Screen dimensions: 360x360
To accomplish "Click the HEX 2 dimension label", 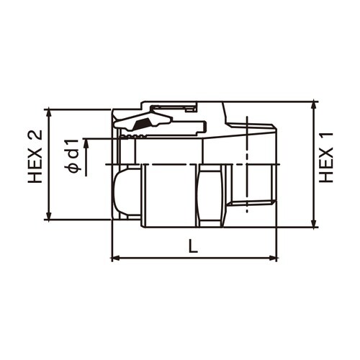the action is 35,157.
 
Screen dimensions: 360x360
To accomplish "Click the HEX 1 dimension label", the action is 326,158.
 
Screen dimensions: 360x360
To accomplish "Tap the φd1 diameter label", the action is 73,156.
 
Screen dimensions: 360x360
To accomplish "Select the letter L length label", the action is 193,246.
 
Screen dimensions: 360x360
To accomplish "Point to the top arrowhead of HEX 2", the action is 49,113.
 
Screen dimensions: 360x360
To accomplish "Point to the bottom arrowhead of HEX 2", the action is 49,215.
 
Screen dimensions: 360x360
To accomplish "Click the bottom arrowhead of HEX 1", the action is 314,222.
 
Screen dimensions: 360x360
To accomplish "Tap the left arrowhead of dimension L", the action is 117,258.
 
